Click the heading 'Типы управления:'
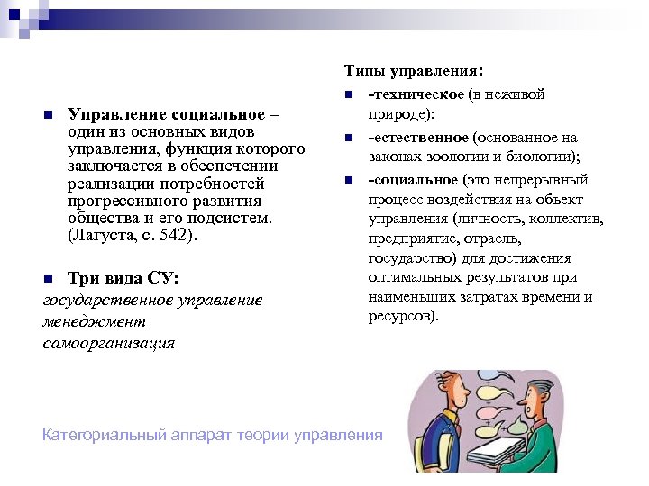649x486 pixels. pos(414,69)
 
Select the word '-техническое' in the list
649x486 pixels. pos(416,94)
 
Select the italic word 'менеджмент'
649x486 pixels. pos(94,321)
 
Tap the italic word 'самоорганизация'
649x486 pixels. pos(109,343)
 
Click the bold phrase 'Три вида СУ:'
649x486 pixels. pos(123,277)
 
